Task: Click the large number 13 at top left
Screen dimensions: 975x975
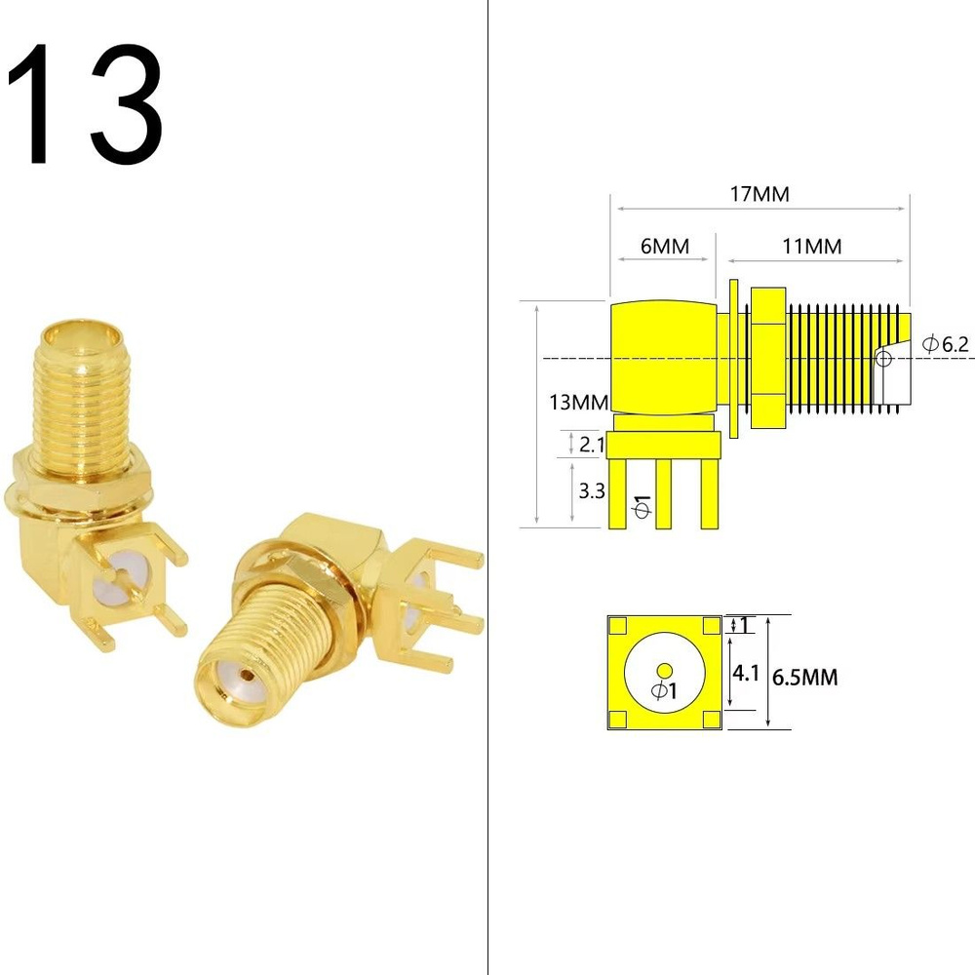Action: pos(85,104)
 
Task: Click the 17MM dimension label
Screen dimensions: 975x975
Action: pos(760,195)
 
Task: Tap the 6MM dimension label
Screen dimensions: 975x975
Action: pos(665,247)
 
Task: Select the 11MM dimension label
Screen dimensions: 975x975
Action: pos(812,247)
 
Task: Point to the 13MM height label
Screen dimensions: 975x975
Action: pos(578,403)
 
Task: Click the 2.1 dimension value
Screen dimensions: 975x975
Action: pos(592,444)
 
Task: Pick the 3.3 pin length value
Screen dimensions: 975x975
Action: pos(592,491)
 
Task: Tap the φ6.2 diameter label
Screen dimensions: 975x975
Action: pos(945,344)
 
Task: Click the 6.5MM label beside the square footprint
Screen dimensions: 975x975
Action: pos(804,677)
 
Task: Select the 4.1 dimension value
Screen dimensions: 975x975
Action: pos(746,672)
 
